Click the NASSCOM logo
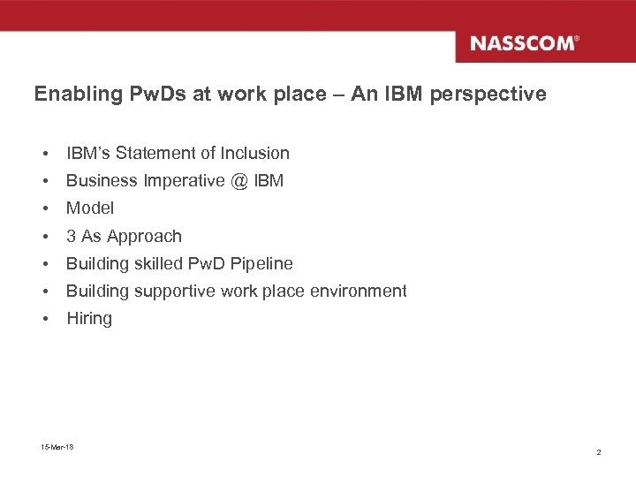[524, 43]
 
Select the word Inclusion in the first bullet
[255, 154]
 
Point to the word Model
[90, 208]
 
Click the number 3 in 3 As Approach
[72, 236]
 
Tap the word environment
[362, 291]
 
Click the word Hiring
[89, 319]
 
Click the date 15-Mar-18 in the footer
[57, 447]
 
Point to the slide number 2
[599, 452]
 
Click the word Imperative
[183, 181]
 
